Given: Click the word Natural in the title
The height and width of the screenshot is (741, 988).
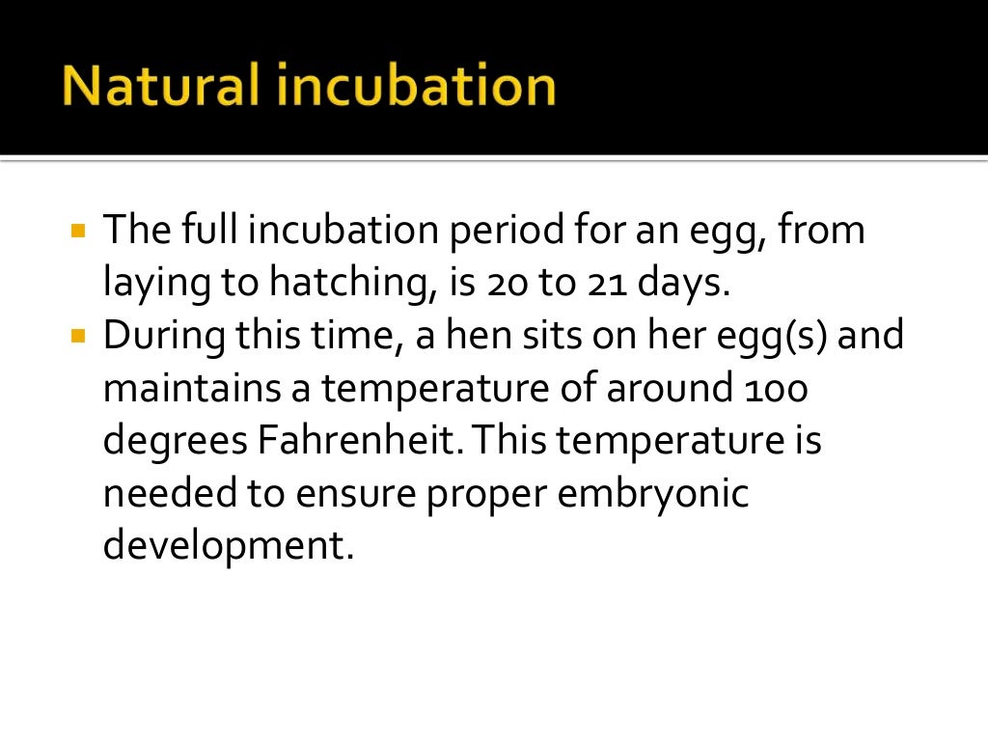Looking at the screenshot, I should click(x=160, y=87).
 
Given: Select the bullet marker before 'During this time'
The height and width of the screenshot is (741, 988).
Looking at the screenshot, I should click(x=79, y=339).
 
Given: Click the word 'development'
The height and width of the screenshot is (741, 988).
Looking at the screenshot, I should click(x=222, y=547).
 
